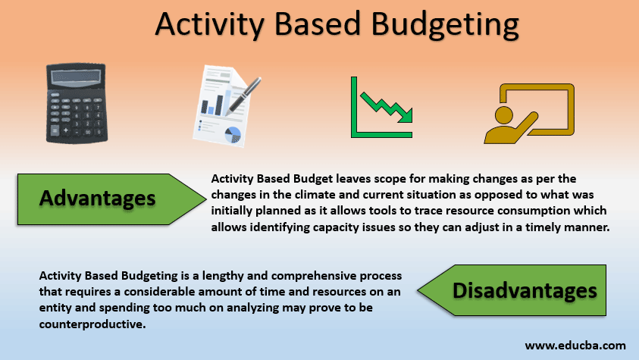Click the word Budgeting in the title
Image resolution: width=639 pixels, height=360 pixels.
[x=445, y=25]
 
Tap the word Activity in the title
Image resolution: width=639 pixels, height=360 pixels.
[x=210, y=25]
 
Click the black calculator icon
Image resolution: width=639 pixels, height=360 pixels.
[x=77, y=103]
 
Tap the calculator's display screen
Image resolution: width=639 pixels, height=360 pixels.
[x=76, y=77]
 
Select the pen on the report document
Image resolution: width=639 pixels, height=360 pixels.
[x=243, y=95]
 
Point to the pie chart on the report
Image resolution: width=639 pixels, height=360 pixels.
[x=233, y=135]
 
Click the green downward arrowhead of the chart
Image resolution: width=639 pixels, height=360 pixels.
[x=406, y=115]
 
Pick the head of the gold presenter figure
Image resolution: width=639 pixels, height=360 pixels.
[x=504, y=116]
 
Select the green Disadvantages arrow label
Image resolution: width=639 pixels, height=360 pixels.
[x=512, y=290]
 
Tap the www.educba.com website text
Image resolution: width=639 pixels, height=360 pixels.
[x=575, y=346]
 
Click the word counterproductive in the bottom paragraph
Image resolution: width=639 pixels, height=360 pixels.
[x=92, y=324]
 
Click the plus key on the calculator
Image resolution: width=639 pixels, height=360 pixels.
[x=65, y=130]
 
